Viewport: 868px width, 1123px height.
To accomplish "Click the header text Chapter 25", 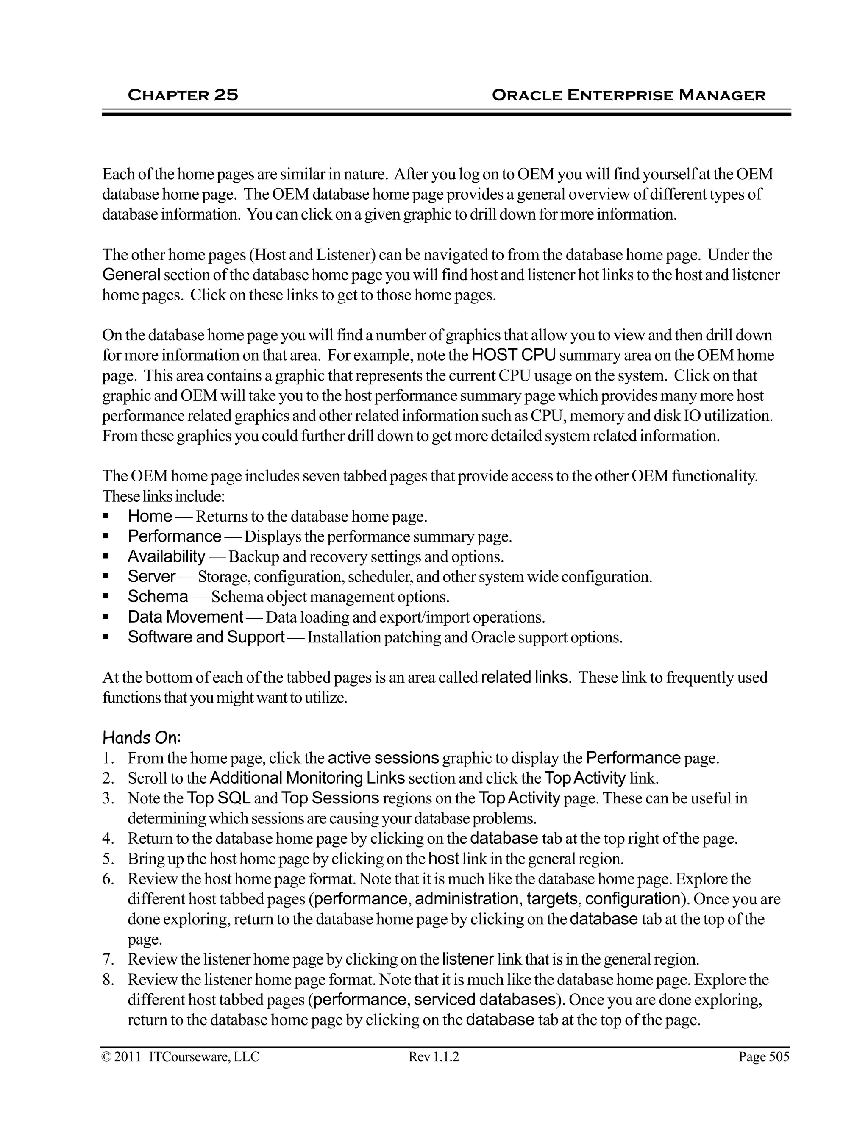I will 183,95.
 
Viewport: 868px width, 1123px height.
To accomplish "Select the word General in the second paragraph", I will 132,275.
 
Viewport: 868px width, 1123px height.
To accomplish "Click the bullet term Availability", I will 166,556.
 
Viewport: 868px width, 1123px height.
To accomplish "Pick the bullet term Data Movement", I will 185,617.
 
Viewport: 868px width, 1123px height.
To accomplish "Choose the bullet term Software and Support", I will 206,637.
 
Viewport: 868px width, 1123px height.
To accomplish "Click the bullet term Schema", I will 158,597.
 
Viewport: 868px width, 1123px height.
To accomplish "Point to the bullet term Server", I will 152,576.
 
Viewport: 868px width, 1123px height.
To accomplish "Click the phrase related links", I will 525,677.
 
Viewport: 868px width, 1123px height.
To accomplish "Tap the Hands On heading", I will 142,738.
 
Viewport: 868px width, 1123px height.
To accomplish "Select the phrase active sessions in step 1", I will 383,758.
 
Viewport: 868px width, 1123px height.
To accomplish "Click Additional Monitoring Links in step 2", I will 307,778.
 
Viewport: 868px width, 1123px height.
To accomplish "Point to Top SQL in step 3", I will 219,798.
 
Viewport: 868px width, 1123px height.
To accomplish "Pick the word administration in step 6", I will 466,899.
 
